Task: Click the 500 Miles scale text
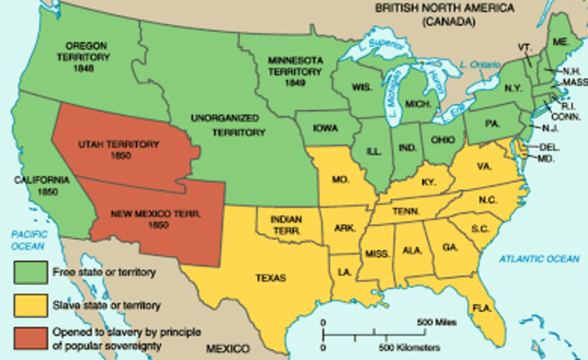click(x=437, y=323)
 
